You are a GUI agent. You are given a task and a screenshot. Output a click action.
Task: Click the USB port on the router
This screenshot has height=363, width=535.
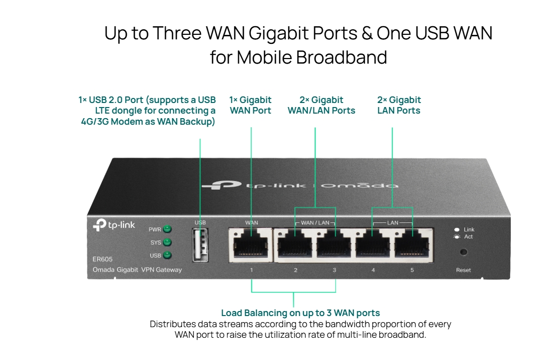point(200,245)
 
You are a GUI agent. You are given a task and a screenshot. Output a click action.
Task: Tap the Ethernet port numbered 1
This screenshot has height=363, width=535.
point(251,245)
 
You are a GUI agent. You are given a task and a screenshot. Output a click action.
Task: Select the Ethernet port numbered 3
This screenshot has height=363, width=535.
point(334,245)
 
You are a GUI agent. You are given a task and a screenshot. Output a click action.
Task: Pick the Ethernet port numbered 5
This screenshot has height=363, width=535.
point(412,245)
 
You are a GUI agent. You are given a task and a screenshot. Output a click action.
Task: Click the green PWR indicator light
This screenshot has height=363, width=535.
point(167,229)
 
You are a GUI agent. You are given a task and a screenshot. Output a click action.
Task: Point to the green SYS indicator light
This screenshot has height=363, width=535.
point(167,242)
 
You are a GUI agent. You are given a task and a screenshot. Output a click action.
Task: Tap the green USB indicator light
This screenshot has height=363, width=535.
point(167,255)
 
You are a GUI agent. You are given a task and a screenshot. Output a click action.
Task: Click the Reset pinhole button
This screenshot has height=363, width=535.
point(463,252)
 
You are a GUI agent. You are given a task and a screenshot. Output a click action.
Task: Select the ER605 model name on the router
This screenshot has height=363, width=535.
point(102,260)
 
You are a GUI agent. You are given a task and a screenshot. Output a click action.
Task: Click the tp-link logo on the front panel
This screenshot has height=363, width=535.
point(114,225)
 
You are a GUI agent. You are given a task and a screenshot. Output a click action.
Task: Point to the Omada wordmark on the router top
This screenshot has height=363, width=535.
point(360,185)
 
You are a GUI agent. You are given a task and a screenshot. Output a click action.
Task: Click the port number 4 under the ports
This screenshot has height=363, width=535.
point(373,270)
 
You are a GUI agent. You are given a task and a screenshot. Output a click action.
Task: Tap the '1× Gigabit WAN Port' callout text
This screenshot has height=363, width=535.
point(250,105)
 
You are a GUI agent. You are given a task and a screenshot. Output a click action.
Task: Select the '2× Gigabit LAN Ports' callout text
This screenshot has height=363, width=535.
point(399,105)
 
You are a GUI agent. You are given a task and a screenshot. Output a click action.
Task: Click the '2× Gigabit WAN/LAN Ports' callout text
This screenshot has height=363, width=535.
point(322,105)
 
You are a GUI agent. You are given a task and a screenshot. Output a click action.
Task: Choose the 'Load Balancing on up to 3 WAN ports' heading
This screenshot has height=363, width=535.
point(300,313)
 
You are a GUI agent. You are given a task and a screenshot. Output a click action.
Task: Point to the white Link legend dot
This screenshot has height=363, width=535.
point(457,230)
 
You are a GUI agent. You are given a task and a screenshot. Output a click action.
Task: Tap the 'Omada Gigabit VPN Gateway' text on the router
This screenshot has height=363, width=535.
point(137,270)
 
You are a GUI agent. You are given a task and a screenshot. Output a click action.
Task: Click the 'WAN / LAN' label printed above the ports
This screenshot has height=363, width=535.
point(315,223)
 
